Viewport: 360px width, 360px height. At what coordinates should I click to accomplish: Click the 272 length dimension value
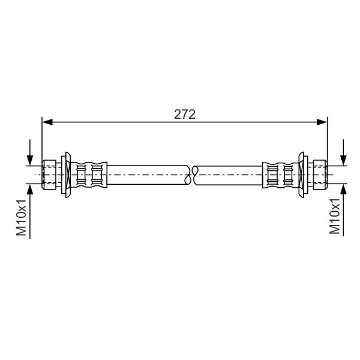click(x=185, y=115)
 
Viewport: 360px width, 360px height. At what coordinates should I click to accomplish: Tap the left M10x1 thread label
click(x=21, y=217)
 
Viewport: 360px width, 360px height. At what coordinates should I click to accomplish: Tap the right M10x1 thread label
click(x=335, y=216)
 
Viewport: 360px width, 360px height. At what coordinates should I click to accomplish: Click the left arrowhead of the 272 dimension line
click(x=47, y=122)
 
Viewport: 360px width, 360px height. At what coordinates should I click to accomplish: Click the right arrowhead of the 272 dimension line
click(x=322, y=122)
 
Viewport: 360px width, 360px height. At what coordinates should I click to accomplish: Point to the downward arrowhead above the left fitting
click(x=30, y=160)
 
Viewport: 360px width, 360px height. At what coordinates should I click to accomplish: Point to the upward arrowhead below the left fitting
click(x=30, y=189)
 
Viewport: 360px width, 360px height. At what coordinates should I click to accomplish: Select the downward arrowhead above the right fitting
click(x=343, y=160)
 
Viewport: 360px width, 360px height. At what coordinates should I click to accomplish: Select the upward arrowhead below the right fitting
click(x=343, y=189)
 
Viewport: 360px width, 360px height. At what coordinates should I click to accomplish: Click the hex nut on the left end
click(x=49, y=175)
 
